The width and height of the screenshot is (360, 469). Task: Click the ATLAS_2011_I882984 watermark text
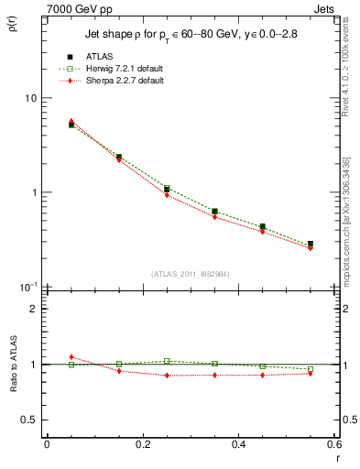[191, 274]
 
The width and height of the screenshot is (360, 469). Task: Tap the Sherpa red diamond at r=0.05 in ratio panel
[71, 357]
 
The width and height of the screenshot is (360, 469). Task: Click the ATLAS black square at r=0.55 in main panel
[311, 245]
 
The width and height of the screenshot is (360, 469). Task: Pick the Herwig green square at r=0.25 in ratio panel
[167, 361]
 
